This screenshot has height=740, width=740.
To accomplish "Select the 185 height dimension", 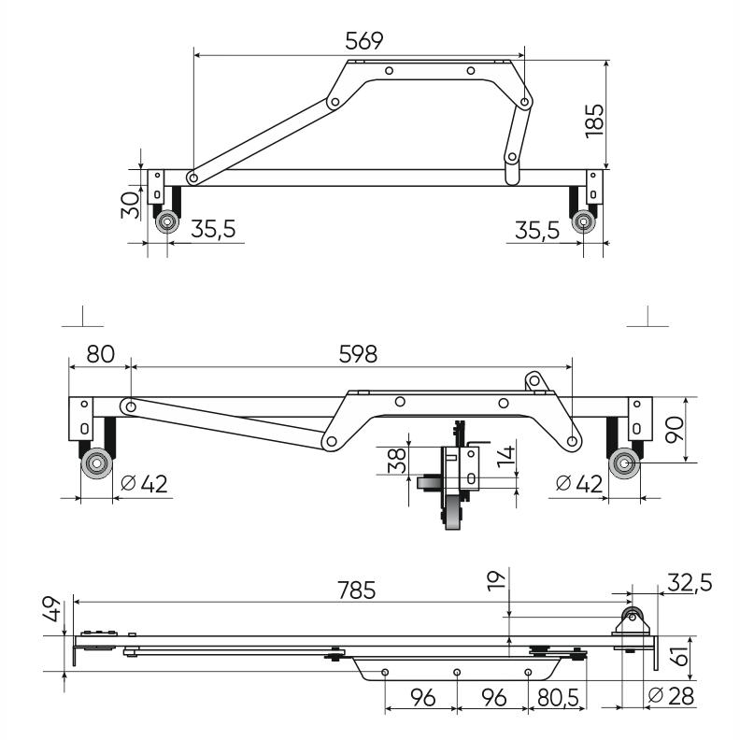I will pos(595,119).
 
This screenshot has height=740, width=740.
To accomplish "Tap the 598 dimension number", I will pos(352,354).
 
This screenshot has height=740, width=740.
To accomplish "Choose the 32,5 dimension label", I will pos(690,583).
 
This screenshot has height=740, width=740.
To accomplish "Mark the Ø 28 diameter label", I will pos(672,696).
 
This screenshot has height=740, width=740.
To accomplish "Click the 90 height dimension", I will pos(703,429).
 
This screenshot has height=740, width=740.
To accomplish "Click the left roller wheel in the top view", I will pos(168,222).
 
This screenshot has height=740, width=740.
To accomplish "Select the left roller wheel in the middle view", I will pos(94,463).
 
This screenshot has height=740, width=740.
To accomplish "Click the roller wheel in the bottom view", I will pos(632,617).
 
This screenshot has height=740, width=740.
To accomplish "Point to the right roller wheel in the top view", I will pos(584,222).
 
